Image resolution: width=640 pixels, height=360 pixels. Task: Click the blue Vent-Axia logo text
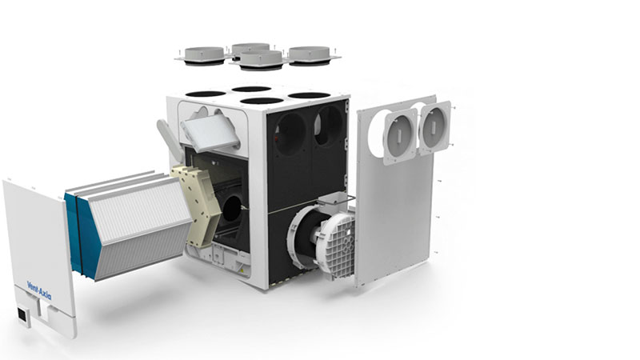point(39,290)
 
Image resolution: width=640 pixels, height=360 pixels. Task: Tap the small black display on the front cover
point(22,314)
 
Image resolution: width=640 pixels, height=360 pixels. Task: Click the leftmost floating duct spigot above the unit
point(204,55)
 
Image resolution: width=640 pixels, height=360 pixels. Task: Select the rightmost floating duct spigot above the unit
point(310,55)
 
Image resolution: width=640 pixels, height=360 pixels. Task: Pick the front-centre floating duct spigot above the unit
point(262,60)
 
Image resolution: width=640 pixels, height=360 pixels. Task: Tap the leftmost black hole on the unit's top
point(206,94)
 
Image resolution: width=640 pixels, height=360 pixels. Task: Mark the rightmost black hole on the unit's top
point(309,95)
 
